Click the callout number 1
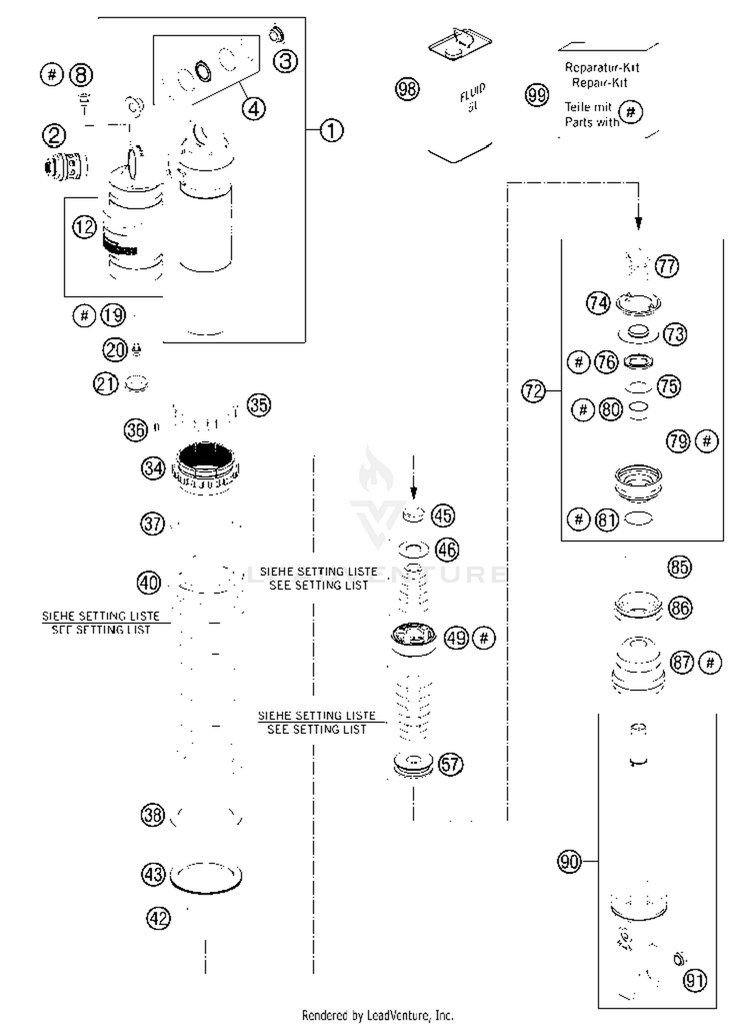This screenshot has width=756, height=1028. coord(331,130)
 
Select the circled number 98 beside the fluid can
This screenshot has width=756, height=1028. coord(407,89)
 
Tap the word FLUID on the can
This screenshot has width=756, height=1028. coord(472,92)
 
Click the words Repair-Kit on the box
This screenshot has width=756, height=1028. coord(599,83)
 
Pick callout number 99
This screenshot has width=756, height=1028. coord(536,94)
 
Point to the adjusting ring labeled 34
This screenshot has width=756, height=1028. coord(206,467)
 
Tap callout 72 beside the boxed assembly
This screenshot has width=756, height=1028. coord(533,391)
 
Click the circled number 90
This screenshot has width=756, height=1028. coord(569,861)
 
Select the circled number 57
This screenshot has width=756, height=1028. coord(450,764)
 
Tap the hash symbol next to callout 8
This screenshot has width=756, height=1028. coord(51,75)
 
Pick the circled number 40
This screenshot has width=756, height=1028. coord(149,583)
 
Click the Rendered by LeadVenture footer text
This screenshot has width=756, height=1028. coord(377,1015)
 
